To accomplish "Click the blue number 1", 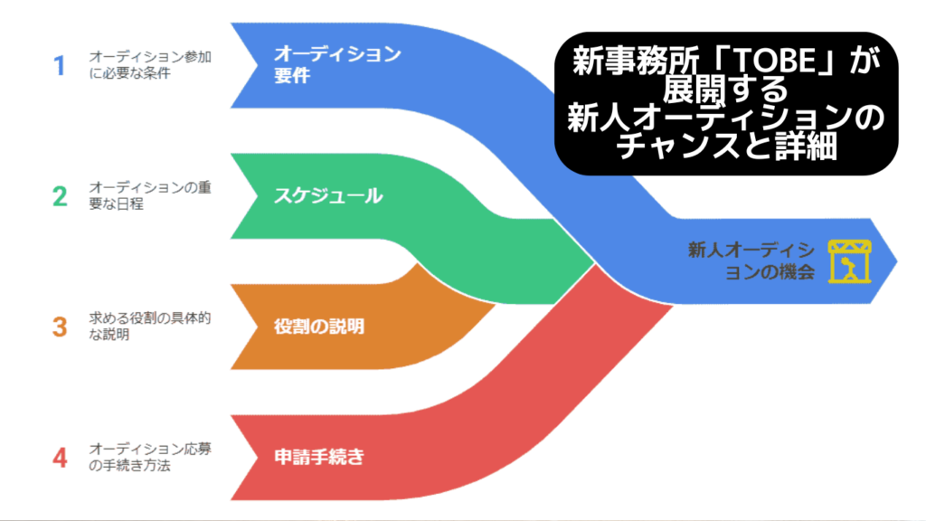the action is [x=59, y=65].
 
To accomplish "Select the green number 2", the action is [x=60, y=196].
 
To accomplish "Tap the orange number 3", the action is [x=60, y=327].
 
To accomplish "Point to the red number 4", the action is [x=60, y=458].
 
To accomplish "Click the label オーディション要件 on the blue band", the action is [x=337, y=64].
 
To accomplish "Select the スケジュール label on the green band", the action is [x=328, y=196].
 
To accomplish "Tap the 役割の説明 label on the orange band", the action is [x=319, y=327].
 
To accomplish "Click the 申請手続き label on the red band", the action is [x=319, y=457].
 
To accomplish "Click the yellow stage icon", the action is [x=849, y=261].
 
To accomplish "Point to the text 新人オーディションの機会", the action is [x=751, y=261].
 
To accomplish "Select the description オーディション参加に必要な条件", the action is [x=150, y=65].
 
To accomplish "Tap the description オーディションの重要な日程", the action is [x=150, y=195].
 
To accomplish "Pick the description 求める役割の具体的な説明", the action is [x=150, y=326].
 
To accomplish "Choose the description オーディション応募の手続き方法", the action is [x=150, y=457].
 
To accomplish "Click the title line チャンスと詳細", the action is [x=726, y=146].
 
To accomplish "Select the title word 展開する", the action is [x=726, y=89].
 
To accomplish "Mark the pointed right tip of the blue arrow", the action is [x=897, y=261].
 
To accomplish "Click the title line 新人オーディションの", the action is [x=726, y=118].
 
